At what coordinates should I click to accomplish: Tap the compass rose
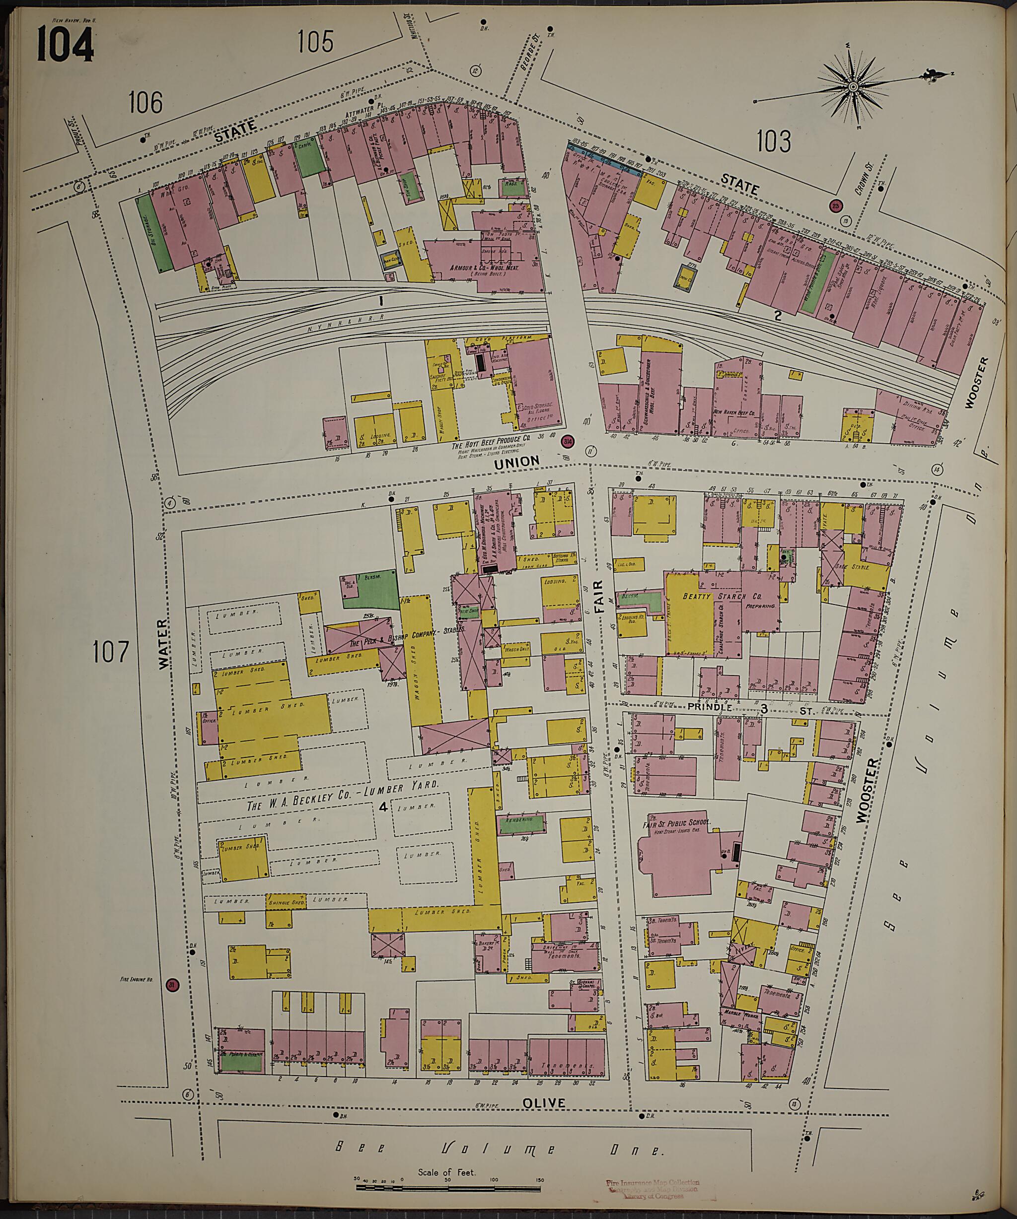coord(853,87)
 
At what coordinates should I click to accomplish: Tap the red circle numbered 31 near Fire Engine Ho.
coord(171,985)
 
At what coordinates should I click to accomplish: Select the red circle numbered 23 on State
coord(835,205)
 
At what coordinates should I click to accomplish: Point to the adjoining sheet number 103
coord(774,141)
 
